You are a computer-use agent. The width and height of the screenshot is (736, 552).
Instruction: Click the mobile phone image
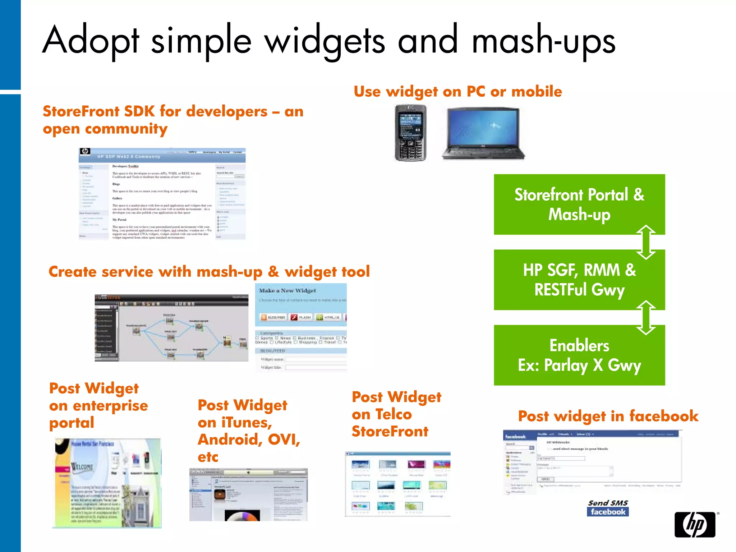410,133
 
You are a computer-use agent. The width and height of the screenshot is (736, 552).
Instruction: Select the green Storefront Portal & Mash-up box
579,204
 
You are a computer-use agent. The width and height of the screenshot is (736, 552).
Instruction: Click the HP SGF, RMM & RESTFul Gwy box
579,280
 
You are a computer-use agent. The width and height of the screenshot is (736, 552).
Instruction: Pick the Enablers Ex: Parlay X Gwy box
579,355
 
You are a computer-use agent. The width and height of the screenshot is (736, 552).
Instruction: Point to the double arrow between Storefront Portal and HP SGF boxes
646,242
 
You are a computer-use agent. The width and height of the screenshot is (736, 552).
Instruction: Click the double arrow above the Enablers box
646,318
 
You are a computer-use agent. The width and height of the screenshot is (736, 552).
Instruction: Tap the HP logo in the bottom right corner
695,524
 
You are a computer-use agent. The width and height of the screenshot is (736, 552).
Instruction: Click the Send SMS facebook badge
608,508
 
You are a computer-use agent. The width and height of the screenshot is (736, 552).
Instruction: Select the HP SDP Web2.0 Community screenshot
162,194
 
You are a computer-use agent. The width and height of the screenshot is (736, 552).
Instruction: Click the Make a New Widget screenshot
301,327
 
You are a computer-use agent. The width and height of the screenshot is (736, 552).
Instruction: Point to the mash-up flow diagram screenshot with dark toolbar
171,328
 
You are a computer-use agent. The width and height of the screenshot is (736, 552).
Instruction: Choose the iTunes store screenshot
248,494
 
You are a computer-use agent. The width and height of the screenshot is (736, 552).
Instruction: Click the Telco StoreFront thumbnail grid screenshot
397,484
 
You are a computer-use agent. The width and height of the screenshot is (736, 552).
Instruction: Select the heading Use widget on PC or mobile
457,92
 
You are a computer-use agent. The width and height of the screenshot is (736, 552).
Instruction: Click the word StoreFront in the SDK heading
81,111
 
